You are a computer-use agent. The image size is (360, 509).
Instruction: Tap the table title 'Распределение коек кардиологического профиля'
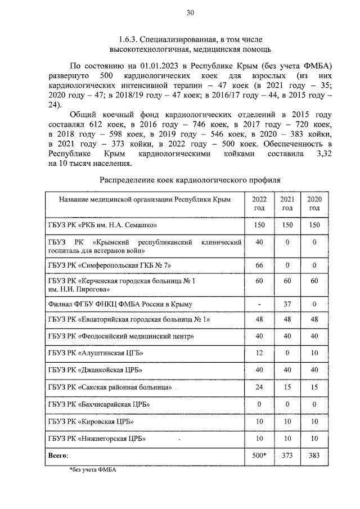click(x=190, y=180)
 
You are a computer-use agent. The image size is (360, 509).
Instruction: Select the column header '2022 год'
click(x=259, y=204)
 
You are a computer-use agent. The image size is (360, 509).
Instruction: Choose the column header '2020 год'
click(x=314, y=204)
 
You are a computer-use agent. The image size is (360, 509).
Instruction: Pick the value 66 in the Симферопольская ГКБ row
click(x=259, y=264)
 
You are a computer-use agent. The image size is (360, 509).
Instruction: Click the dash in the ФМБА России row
click(x=259, y=304)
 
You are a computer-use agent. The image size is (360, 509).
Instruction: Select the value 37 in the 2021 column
click(x=287, y=304)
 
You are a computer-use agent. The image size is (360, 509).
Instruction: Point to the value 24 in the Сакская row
click(x=259, y=387)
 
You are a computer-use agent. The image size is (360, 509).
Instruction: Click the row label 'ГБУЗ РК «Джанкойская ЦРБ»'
click(x=94, y=370)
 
